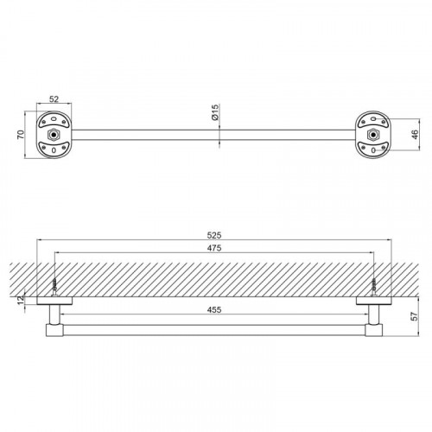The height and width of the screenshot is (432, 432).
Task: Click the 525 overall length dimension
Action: [x=214, y=235]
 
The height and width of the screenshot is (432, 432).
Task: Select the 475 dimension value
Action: [x=214, y=248]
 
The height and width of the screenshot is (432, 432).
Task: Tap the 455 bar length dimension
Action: [x=214, y=310]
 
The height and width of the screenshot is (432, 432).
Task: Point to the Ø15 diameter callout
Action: [x=215, y=112]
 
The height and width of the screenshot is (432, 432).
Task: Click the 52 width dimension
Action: [x=54, y=99]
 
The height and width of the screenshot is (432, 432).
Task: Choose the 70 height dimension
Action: [x=21, y=135]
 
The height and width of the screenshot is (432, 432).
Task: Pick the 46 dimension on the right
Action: [x=415, y=135]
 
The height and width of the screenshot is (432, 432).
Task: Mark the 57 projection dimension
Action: [x=414, y=316]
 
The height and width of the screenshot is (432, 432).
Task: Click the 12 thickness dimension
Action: [x=21, y=301]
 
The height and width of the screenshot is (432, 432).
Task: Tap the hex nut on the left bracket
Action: [x=53, y=135]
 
